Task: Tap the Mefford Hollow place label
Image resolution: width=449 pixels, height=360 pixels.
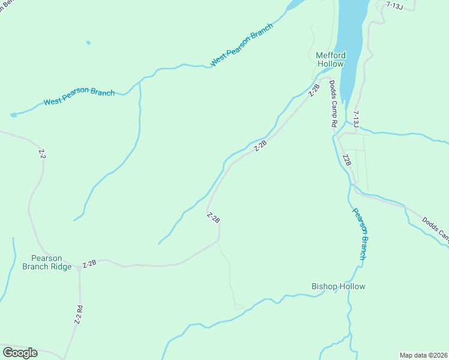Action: pyautogui.click(x=330, y=60)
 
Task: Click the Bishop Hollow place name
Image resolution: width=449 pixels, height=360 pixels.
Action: pyautogui.click(x=338, y=286)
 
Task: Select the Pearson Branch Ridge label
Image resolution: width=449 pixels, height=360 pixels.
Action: pyautogui.click(x=47, y=262)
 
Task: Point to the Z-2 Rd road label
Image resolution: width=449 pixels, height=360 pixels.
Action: pyautogui.click(x=78, y=315)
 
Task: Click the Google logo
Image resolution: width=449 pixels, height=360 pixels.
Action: pyautogui.click(x=20, y=353)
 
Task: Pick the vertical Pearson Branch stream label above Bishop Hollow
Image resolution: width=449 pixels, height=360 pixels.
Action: pyautogui.click(x=359, y=234)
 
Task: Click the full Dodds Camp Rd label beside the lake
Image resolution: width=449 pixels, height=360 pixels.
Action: pyautogui.click(x=333, y=104)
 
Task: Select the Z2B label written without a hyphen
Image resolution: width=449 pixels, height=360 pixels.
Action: pyautogui.click(x=346, y=160)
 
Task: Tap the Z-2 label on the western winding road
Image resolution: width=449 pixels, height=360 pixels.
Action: pyautogui.click(x=41, y=154)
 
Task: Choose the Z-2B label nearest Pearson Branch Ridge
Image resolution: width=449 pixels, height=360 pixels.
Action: pyautogui.click(x=89, y=263)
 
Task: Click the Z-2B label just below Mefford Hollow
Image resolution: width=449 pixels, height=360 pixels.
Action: pyautogui.click(x=314, y=89)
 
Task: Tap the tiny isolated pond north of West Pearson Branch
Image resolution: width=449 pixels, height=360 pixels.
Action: pyautogui.click(x=88, y=43)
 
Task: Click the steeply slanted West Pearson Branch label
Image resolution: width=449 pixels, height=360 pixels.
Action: pyautogui.click(x=242, y=45)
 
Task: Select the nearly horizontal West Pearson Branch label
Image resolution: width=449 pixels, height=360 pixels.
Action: pyautogui.click(x=79, y=97)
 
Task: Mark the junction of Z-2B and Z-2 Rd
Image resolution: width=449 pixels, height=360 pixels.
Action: pyautogui.click(x=79, y=269)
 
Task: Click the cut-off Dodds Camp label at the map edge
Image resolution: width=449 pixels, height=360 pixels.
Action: pyautogui.click(x=435, y=228)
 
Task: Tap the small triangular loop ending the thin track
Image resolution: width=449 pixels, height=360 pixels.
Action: pyautogui.click(x=239, y=307)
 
